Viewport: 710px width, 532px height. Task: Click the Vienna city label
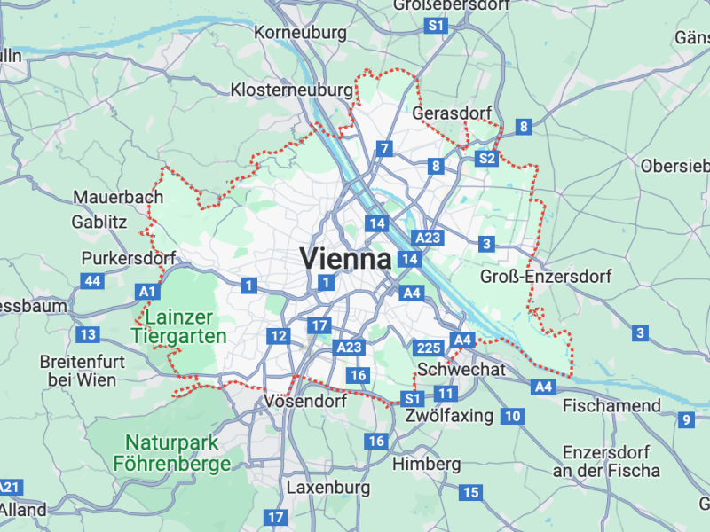pyautogui.click(x=345, y=259)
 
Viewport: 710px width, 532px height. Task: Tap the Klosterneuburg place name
pyautogui.click(x=291, y=90)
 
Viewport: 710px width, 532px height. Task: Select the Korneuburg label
pyautogui.click(x=300, y=33)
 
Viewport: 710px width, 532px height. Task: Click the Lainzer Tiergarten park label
pyautogui.click(x=178, y=326)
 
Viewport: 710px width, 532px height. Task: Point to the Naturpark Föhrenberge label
pyautogui.click(x=172, y=452)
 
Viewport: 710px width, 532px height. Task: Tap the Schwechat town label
pyautogui.click(x=461, y=369)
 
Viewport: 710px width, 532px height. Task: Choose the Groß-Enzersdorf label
pyautogui.click(x=546, y=277)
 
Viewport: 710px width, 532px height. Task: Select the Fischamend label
pyautogui.click(x=611, y=405)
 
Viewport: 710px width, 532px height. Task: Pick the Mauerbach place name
pyautogui.click(x=118, y=197)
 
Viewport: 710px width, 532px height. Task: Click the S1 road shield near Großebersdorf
pyautogui.click(x=436, y=27)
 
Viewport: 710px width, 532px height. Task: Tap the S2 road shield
pyautogui.click(x=486, y=159)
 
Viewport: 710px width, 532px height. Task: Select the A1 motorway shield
pyautogui.click(x=147, y=291)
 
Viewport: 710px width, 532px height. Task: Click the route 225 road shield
pyautogui.click(x=428, y=348)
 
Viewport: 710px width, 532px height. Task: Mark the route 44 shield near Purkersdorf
pyautogui.click(x=91, y=281)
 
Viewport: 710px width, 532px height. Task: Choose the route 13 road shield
pyautogui.click(x=87, y=334)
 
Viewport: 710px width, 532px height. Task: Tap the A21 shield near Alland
pyautogui.click(x=9, y=487)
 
